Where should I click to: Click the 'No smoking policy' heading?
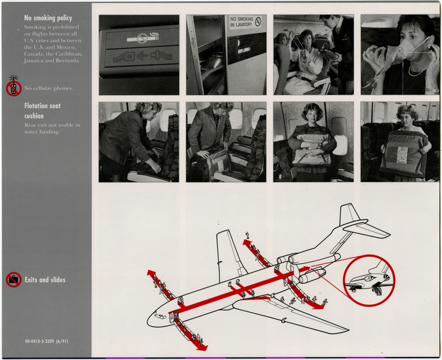pos(49,18)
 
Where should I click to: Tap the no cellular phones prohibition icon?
pos(13,88)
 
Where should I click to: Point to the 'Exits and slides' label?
pos(45,280)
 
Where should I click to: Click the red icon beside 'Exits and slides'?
pos(13,280)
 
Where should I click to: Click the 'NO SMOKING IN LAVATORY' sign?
pos(245,22)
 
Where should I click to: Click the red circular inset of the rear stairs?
pos(369,280)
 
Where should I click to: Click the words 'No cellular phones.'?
pos(49,88)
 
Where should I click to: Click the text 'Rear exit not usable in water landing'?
pos(52,128)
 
